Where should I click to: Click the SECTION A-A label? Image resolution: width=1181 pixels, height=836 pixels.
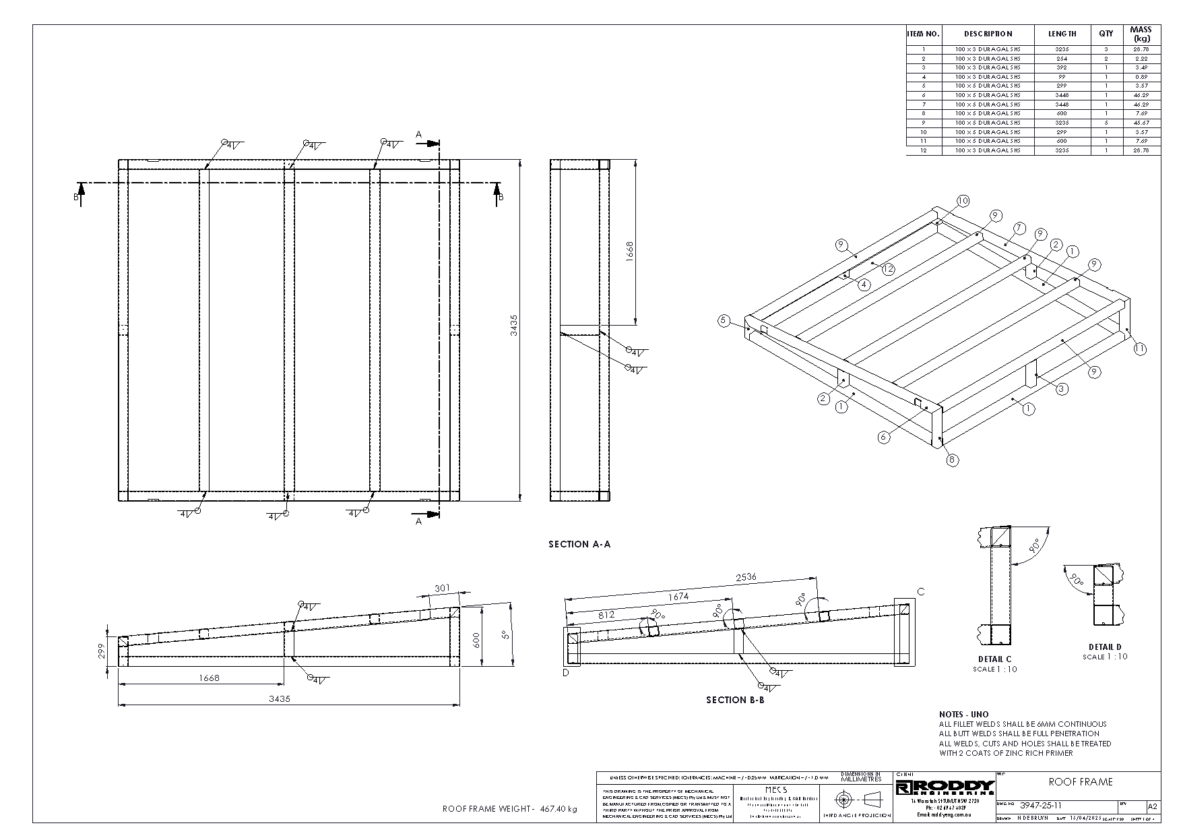[579, 544]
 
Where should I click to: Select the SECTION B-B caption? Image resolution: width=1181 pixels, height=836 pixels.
[735, 700]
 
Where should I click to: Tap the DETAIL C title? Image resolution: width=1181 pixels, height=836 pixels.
[994, 659]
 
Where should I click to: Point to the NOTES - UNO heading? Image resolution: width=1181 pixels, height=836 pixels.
[963, 714]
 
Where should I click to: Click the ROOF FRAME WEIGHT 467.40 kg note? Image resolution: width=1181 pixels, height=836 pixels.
[509, 809]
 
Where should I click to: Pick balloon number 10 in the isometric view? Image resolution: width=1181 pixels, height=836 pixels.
[962, 200]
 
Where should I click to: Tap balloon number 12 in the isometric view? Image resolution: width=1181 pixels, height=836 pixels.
[888, 269]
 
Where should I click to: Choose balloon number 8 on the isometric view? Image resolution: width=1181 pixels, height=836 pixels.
[952, 460]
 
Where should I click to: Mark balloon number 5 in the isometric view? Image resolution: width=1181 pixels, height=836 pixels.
[724, 320]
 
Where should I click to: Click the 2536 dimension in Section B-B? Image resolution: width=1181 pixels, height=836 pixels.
[746, 577]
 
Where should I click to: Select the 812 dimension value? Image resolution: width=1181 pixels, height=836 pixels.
[606, 615]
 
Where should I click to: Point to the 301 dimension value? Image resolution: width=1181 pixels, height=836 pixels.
[442, 589]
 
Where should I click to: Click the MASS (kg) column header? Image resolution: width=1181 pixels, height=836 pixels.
[1141, 34]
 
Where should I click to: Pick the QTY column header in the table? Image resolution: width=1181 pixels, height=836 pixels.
[1106, 34]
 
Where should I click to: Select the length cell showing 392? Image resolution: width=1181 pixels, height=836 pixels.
[1062, 67]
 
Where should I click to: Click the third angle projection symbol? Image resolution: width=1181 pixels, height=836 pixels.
[856, 800]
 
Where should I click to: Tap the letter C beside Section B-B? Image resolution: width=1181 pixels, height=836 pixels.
[920, 592]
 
